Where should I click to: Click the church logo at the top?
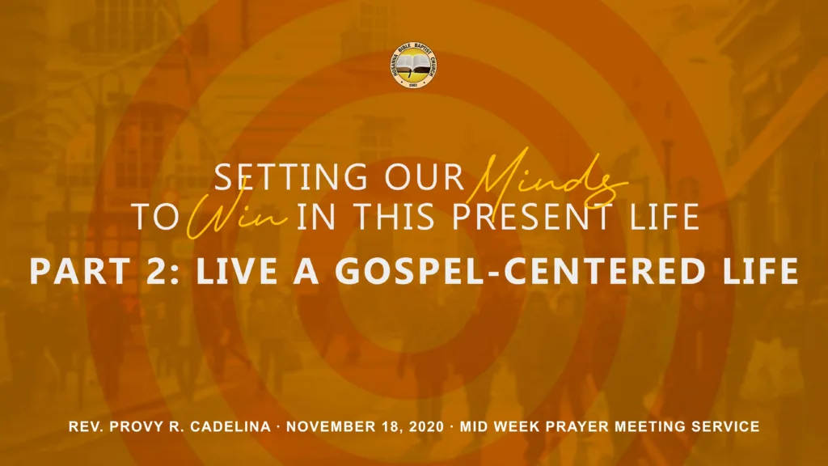coord(414,65)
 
